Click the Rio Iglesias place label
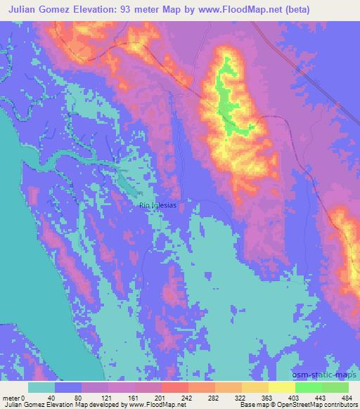click(x=158, y=205)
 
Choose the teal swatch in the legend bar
click(x=41, y=387)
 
